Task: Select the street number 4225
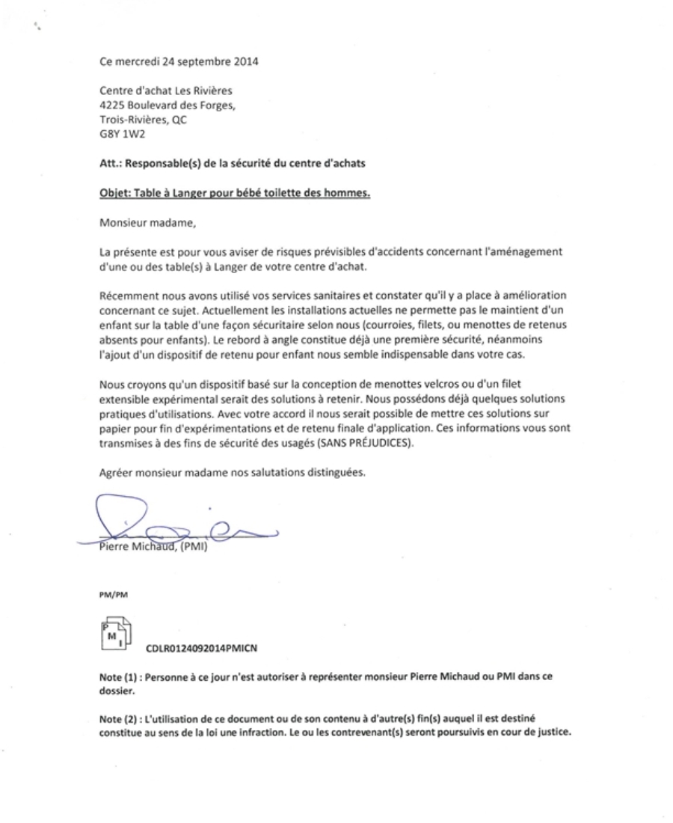[x=112, y=105]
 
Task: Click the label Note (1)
[x=117, y=676]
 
